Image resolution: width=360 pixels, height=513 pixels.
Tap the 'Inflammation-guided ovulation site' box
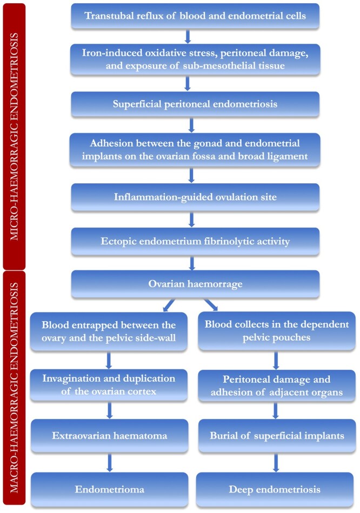point(195,198)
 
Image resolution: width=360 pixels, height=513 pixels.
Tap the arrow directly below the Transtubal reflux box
point(188,36)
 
